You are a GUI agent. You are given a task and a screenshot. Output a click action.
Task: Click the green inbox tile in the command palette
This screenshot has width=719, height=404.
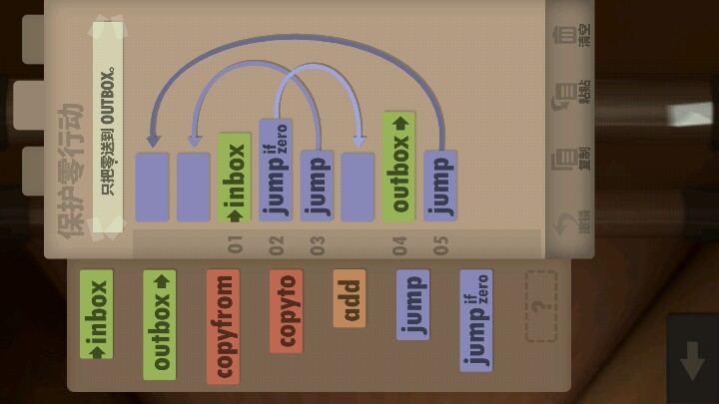pos(96,314)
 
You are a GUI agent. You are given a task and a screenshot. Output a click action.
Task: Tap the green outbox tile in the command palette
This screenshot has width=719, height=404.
pos(159,324)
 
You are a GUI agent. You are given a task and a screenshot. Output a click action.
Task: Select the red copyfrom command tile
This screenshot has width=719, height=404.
pos(223,326)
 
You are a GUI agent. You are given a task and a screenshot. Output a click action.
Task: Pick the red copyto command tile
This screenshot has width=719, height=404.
pos(286,310)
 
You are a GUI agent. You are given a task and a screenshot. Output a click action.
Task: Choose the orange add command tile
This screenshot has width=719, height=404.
pos(350,298)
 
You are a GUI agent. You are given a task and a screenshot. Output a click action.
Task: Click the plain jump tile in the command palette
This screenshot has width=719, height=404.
pos(412,304)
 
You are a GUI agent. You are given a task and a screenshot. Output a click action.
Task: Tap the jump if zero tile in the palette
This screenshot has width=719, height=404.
pos(475,320)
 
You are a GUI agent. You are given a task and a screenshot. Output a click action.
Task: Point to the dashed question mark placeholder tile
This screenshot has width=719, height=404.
pos(540,306)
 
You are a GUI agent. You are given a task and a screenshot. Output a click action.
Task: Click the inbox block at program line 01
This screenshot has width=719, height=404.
pos(234,178)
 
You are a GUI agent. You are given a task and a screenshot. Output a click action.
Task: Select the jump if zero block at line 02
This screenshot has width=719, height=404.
pos(276,170)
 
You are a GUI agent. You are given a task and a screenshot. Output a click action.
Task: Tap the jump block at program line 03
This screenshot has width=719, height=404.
pos(317,185)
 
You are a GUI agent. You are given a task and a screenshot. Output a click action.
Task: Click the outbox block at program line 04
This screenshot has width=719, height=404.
pos(398,166)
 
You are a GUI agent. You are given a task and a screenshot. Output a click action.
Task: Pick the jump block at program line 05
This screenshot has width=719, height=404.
pos(440,185)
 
